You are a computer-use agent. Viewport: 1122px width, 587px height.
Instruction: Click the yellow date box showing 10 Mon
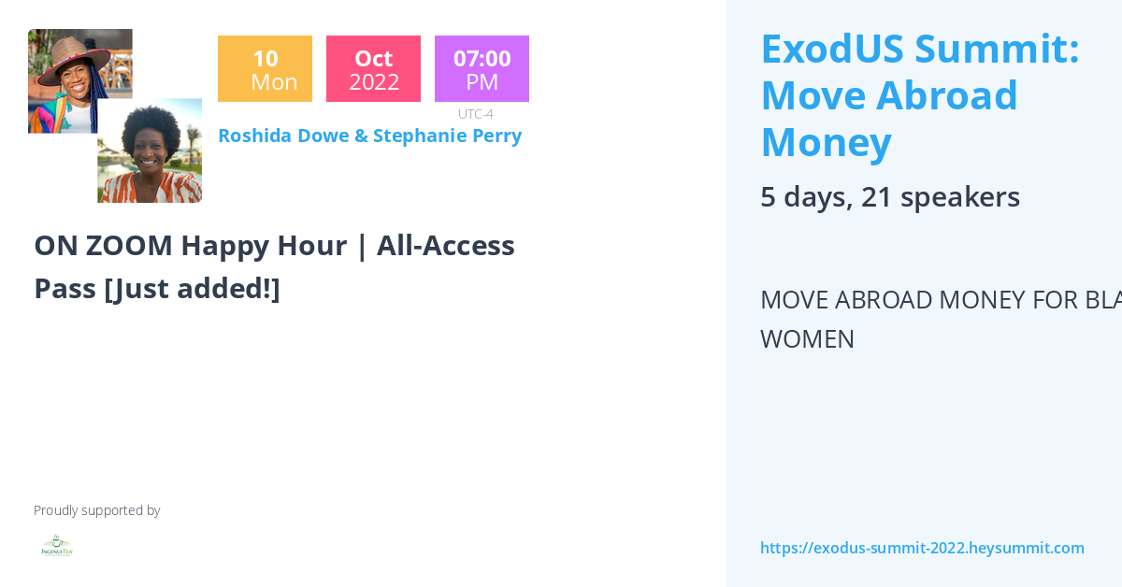[265, 68]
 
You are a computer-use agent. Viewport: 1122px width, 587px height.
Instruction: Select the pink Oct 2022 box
[373, 68]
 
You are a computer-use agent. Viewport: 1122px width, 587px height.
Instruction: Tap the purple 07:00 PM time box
[482, 68]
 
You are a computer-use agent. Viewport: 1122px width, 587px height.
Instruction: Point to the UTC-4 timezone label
[475, 114]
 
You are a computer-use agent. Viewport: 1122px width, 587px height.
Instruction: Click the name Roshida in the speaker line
[255, 136]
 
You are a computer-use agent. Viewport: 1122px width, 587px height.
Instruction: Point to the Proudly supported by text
[96, 510]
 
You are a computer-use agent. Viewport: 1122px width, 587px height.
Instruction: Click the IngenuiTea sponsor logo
[57, 547]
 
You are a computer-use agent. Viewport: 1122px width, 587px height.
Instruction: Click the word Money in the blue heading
[826, 142]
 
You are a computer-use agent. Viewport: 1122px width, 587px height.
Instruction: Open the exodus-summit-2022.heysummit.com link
[922, 548]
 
